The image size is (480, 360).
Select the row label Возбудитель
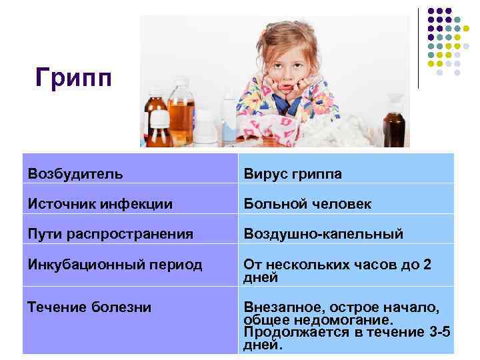click(75, 174)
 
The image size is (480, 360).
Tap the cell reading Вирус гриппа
click(293, 174)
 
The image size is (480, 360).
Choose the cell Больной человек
click(307, 204)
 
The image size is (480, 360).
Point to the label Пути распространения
click(110, 234)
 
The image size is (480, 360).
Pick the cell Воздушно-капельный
click(323, 234)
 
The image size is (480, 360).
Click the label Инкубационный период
click(115, 265)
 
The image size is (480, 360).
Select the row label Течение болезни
click(89, 307)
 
